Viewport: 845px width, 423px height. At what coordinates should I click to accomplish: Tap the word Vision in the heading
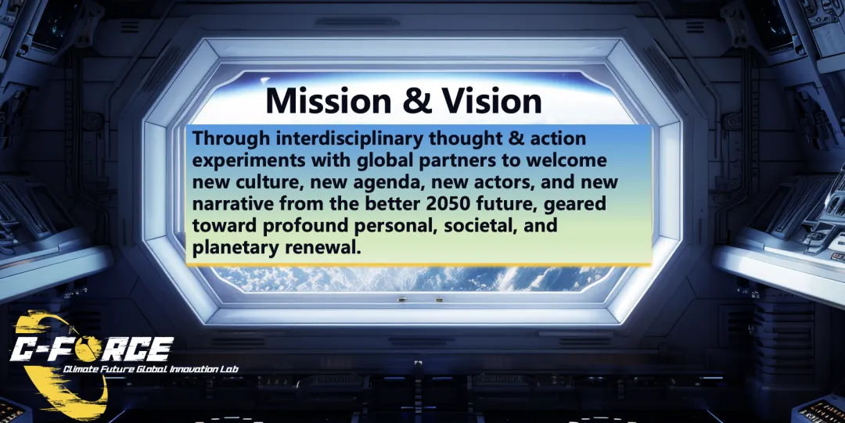pyautogui.click(x=491, y=100)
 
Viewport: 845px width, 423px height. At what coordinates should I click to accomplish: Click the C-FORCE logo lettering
pyautogui.click(x=92, y=349)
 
